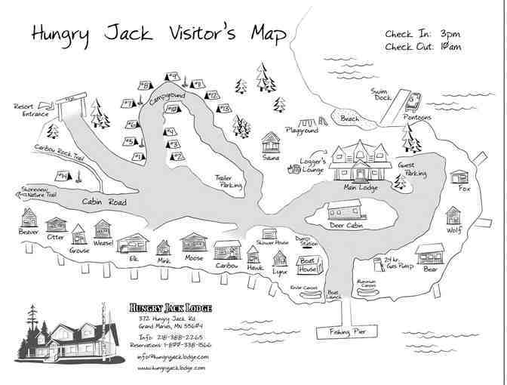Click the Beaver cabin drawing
[29, 219]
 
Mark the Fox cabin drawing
[459, 176]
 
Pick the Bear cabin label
[430, 268]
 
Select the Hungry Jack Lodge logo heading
[170, 309]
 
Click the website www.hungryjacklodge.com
[171, 368]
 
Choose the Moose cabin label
[193, 259]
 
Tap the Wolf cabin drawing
[453, 215]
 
